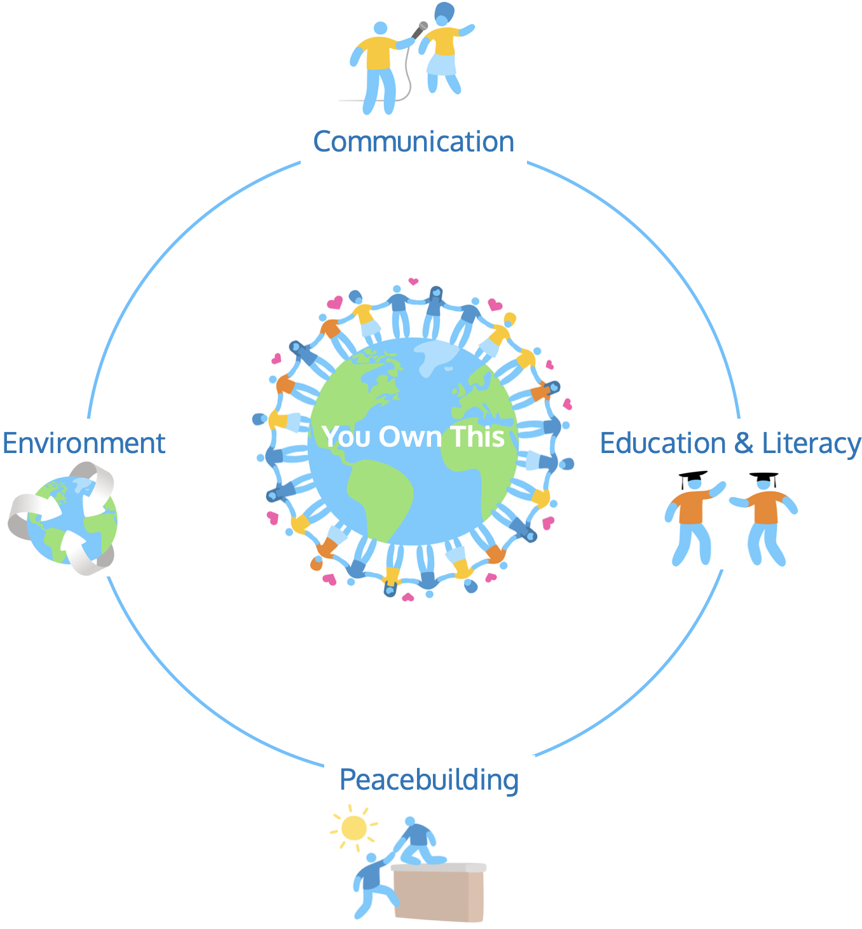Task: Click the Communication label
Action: pyautogui.click(x=413, y=142)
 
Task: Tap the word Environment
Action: pyautogui.click(x=84, y=444)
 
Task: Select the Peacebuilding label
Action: pyautogui.click(x=429, y=780)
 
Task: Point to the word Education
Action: pyautogui.click(x=662, y=444)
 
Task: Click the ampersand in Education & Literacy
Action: pyautogui.click(x=743, y=444)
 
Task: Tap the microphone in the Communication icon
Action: pyautogui.click(x=420, y=29)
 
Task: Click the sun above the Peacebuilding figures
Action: pyautogui.click(x=353, y=828)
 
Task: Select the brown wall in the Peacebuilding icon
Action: pyautogui.click(x=439, y=895)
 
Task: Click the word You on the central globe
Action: pyautogui.click(x=346, y=437)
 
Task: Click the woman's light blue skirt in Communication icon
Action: pyautogui.click(x=441, y=64)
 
